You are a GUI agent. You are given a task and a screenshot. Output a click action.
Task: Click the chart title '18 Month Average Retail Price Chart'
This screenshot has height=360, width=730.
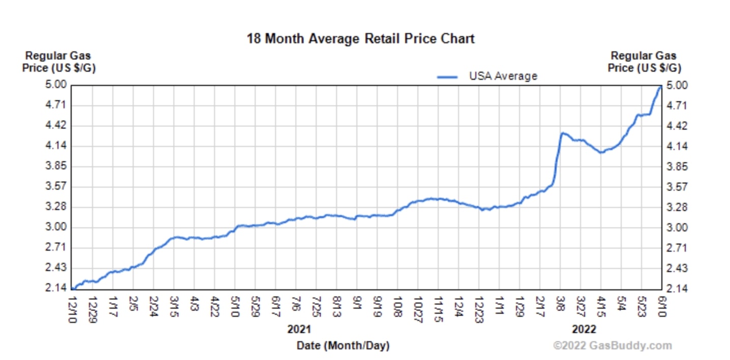(x=360, y=39)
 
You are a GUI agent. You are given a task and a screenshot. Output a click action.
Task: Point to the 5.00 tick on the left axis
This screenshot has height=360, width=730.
(x=57, y=85)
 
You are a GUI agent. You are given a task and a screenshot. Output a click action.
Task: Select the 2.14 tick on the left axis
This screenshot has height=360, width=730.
(x=57, y=288)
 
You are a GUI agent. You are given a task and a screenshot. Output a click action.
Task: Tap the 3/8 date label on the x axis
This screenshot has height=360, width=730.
(x=560, y=304)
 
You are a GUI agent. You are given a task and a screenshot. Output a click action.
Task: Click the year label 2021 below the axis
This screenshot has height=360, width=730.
(x=299, y=329)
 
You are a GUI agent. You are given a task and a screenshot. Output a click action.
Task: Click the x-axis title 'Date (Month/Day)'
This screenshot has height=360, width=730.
(x=343, y=346)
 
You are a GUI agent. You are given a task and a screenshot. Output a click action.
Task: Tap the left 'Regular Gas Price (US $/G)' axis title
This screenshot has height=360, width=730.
(x=58, y=62)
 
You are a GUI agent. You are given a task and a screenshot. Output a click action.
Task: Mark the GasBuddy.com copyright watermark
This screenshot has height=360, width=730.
(x=612, y=346)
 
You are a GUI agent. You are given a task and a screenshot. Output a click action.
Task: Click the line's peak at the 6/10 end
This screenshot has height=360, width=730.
(x=660, y=87)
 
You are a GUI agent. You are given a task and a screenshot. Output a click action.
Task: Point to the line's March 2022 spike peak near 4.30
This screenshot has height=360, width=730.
(x=562, y=133)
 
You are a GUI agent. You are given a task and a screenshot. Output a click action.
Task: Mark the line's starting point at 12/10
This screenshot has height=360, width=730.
(x=73, y=288)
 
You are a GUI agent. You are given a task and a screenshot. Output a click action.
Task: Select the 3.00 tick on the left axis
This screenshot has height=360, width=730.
(x=57, y=227)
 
